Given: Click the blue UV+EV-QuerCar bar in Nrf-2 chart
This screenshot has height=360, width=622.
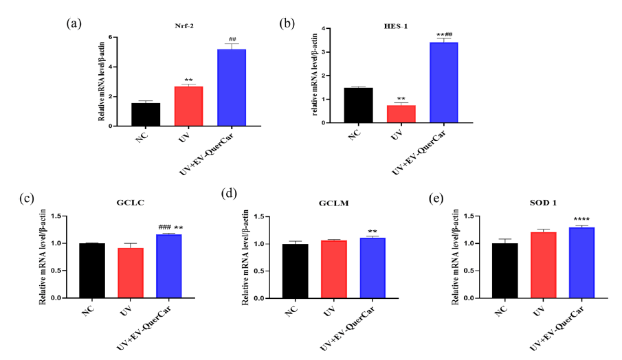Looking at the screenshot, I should point(231,87).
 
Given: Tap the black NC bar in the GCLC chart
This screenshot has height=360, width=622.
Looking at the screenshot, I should point(91,271).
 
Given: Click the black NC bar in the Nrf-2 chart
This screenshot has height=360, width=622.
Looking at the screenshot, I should point(145,114).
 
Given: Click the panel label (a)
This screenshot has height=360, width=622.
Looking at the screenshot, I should point(74,23).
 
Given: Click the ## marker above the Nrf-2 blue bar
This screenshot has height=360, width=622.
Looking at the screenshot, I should point(232,40).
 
